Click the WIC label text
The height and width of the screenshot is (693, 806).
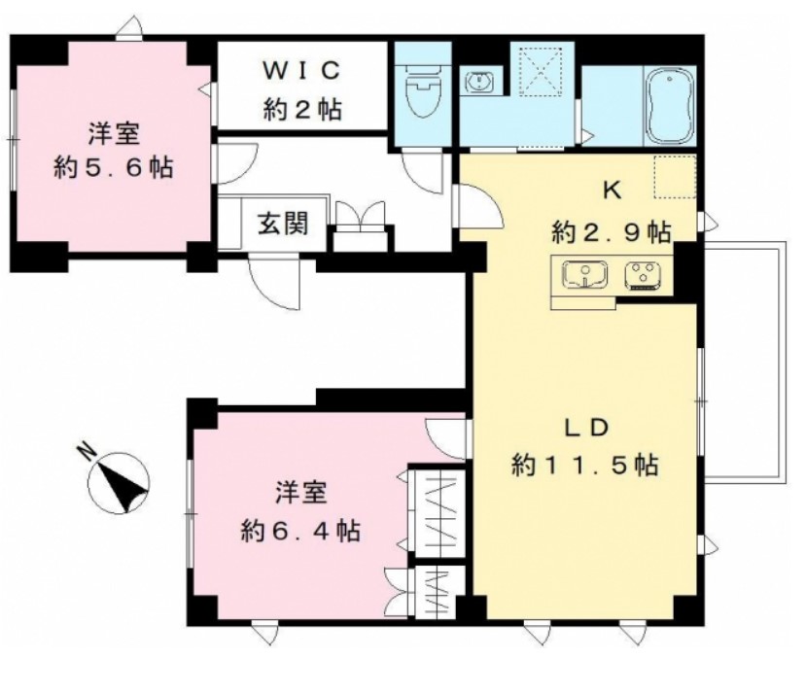coord(301,70)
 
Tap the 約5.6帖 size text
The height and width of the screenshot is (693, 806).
coord(114,167)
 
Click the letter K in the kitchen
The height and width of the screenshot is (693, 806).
coord(613,190)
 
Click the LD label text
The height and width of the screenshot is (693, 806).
coord(587,427)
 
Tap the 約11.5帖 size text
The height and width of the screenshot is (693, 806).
coord(586,466)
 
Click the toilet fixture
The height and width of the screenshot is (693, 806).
coord(423,95)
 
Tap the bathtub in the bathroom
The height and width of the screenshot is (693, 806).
coord(669,103)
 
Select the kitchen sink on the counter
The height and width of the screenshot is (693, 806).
coord(585,276)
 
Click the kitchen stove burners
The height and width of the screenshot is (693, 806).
coord(643,276)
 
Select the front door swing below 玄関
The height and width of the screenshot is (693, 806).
coord(272,282)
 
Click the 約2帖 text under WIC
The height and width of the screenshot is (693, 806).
coord(301,110)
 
